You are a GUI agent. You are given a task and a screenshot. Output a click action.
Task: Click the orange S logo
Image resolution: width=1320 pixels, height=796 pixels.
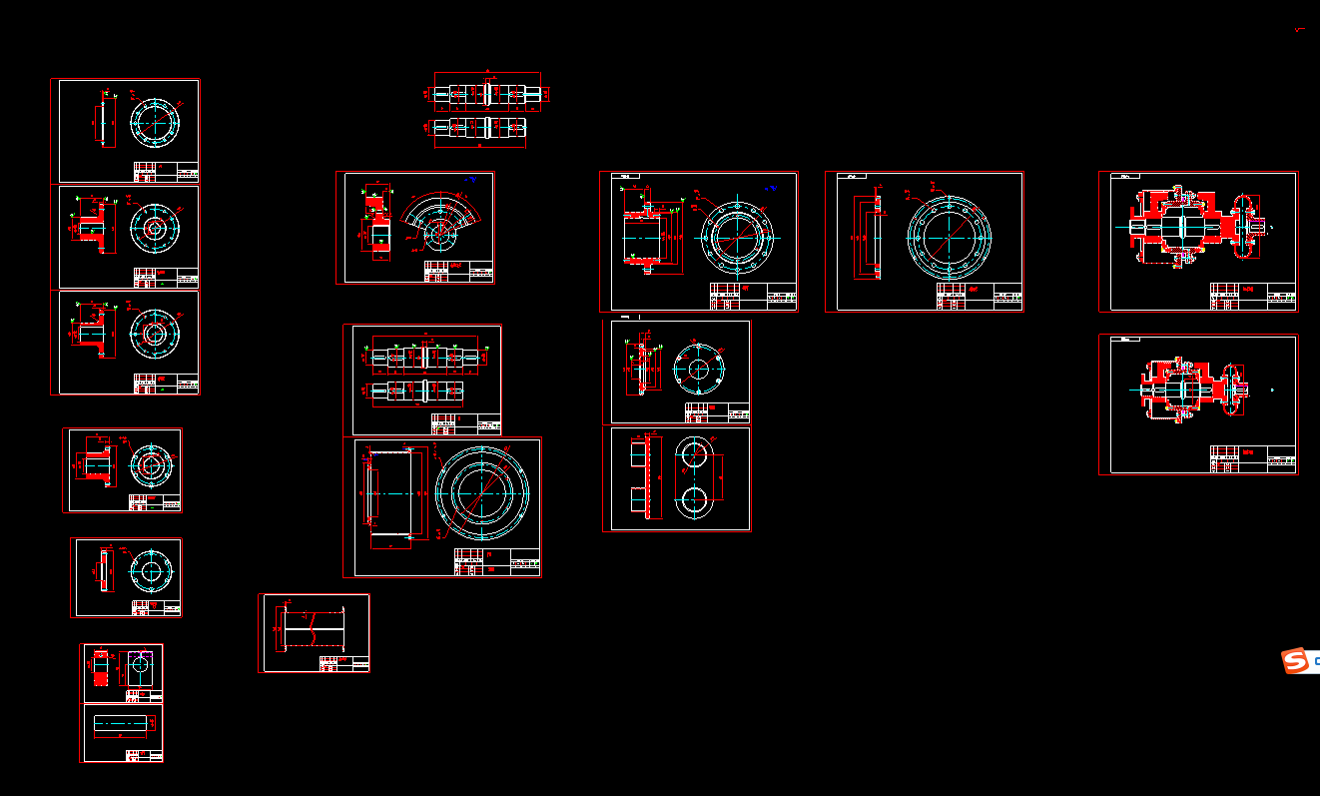click(1295, 660)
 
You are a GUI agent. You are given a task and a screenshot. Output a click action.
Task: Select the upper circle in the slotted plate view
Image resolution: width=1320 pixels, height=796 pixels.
click(695, 455)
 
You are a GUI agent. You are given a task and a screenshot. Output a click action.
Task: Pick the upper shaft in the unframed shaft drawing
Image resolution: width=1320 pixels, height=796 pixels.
click(487, 94)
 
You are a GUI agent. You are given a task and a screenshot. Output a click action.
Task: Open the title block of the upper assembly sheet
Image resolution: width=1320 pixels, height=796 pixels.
click(1252, 297)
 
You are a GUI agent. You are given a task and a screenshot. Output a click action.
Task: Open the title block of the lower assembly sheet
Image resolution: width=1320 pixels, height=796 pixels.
click(1252, 458)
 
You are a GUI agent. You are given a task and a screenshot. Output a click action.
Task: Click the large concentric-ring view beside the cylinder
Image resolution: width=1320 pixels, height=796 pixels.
click(482, 492)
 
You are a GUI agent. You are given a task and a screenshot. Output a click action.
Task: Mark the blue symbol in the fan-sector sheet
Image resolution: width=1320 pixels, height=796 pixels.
click(471, 180)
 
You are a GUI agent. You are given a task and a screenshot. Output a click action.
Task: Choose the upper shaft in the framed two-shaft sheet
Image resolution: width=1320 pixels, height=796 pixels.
click(427, 356)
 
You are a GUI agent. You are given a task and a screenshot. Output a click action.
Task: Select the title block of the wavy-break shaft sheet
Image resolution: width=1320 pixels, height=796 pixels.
click(344, 663)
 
